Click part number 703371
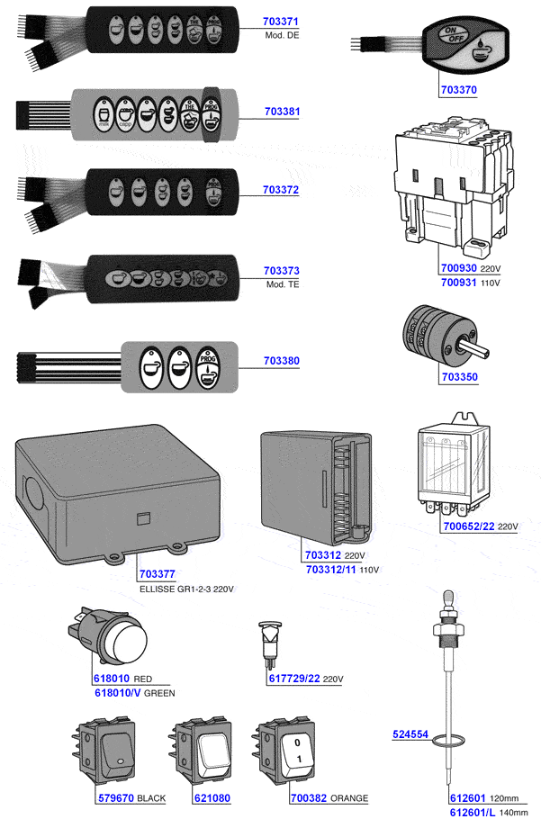281,21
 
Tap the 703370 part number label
458,90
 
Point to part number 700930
459,269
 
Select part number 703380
282,361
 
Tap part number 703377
158,574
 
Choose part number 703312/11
332,570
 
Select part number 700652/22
467,526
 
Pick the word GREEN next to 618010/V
159,694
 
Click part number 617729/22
294,678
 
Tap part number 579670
115,798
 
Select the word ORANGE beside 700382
349,799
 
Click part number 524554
410,734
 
